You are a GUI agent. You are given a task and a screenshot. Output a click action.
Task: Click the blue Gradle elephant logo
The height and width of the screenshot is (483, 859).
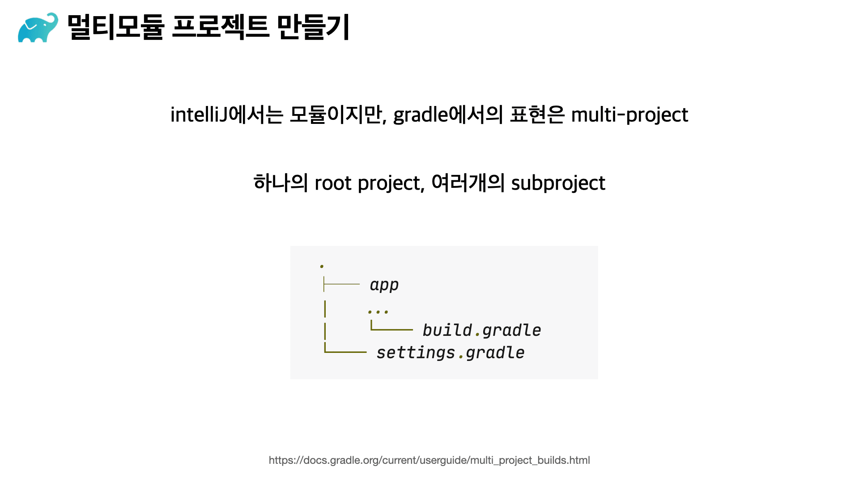pos(38,28)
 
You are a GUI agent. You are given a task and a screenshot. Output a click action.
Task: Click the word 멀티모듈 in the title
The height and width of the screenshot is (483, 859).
pos(116,27)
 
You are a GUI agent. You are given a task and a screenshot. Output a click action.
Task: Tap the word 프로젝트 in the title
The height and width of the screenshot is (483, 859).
pos(221,27)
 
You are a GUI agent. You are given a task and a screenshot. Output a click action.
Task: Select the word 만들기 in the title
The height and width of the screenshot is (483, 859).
pos(313,27)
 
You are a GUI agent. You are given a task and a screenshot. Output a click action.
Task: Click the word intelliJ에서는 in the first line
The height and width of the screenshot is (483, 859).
pos(227,114)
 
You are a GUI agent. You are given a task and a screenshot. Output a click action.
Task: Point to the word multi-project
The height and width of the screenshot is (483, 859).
pos(629,115)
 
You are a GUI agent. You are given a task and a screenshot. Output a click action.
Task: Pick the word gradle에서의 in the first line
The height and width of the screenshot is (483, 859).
pos(448,114)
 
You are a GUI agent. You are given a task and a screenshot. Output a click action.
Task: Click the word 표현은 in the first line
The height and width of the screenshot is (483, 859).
pos(537,114)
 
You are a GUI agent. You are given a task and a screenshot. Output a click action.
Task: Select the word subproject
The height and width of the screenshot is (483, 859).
pos(558,183)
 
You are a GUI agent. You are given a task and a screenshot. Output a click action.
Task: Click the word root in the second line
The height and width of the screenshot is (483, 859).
pos(333,183)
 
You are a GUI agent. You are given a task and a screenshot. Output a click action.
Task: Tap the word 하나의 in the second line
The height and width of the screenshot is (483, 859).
pos(281,183)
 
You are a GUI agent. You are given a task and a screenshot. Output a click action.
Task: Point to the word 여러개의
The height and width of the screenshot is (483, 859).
pos(468,183)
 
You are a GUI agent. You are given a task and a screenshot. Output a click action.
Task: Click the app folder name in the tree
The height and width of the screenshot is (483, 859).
pos(384,285)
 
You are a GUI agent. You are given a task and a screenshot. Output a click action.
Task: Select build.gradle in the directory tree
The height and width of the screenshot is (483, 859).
pos(482,330)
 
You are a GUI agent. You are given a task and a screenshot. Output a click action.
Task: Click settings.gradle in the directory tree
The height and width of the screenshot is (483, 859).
pos(451,352)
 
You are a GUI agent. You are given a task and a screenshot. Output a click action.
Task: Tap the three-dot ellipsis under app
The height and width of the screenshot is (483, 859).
pos(378,311)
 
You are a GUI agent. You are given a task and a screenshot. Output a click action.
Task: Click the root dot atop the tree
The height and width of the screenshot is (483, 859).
pos(322,267)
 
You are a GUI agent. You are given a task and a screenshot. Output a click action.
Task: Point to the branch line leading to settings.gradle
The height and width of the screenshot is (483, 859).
pos(345,352)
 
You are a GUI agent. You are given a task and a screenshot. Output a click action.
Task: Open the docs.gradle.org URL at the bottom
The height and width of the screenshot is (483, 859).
pos(429,460)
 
